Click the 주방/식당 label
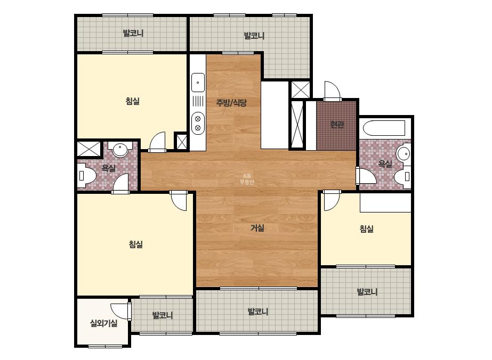click(x=231, y=103)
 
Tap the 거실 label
click(x=257, y=228)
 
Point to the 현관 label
click(x=337, y=125)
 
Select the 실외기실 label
click(x=103, y=323)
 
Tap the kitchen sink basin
click(x=198, y=83)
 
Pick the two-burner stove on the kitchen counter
click(x=198, y=123)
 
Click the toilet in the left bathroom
click(x=86, y=176)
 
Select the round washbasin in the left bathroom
click(x=120, y=149)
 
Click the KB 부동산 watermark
click(x=247, y=179)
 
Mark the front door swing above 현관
click(x=332, y=91)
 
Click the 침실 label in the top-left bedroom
click(x=132, y=101)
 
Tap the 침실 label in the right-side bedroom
click(x=367, y=228)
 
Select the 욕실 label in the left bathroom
click(x=108, y=168)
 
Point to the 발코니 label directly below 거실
click(x=258, y=312)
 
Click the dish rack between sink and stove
click(x=198, y=102)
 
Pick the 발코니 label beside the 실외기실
click(x=163, y=315)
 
